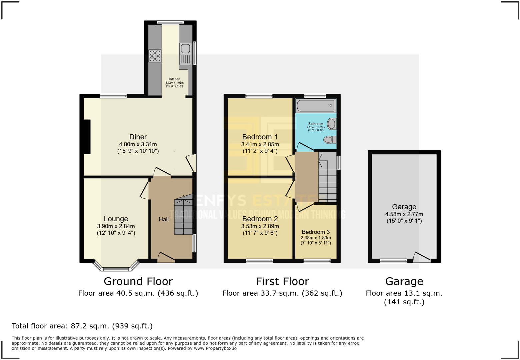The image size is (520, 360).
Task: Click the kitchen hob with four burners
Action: point(155,56)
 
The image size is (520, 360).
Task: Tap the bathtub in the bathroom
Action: point(315,106)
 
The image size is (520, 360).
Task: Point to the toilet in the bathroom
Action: point(330,140)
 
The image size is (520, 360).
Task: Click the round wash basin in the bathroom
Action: point(331,124)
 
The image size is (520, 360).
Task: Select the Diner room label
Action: point(138,137)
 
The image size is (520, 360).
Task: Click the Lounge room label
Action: point(116,219)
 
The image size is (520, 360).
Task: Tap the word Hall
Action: point(164,219)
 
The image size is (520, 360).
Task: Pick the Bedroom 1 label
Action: point(260,137)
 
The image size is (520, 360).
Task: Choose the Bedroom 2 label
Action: point(260,219)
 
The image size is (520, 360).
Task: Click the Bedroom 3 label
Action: point(316,232)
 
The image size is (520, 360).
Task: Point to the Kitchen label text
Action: point(174,79)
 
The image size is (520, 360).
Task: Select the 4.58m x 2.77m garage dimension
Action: point(404,214)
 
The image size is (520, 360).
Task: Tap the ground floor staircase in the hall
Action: point(183,215)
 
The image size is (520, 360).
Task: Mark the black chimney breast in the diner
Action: point(87,137)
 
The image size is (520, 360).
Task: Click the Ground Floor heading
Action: point(138,281)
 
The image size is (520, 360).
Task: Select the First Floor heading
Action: point(282,281)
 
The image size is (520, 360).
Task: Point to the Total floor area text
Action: point(82,326)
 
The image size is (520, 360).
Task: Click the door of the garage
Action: point(422,257)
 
